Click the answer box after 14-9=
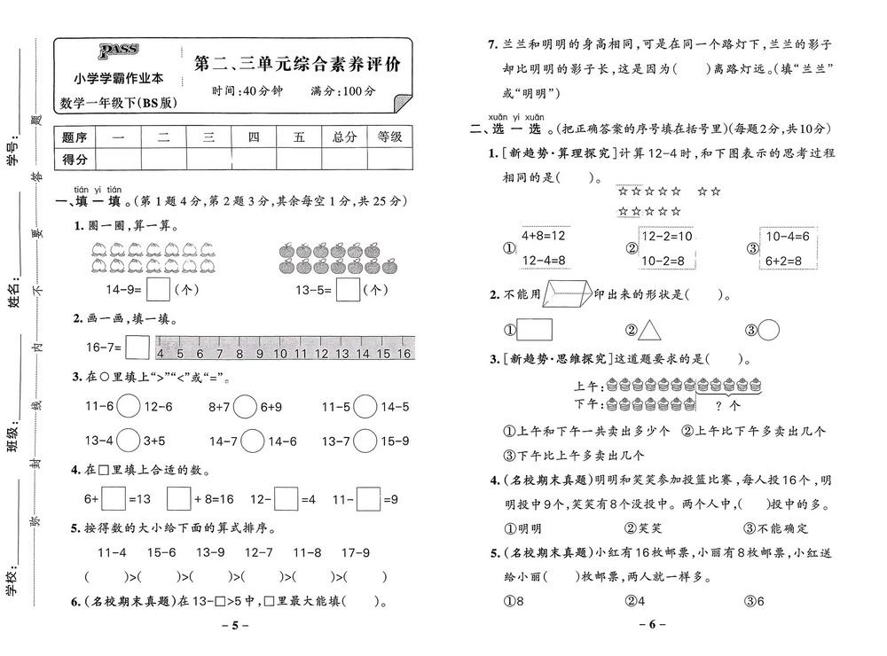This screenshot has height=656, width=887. [x=159, y=290]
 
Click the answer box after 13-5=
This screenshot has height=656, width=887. [x=349, y=290]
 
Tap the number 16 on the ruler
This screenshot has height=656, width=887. [x=404, y=354]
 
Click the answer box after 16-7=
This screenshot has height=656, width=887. [x=137, y=348]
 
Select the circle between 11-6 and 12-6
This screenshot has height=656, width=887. [x=129, y=408]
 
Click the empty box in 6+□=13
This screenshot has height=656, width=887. [x=113, y=499]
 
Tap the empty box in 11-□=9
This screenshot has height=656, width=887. [x=369, y=499]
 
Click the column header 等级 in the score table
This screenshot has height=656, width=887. [x=389, y=137]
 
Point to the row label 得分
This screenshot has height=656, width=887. [x=75, y=160]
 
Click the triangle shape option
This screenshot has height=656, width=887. [x=651, y=330]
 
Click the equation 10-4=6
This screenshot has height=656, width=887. [x=786, y=237]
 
